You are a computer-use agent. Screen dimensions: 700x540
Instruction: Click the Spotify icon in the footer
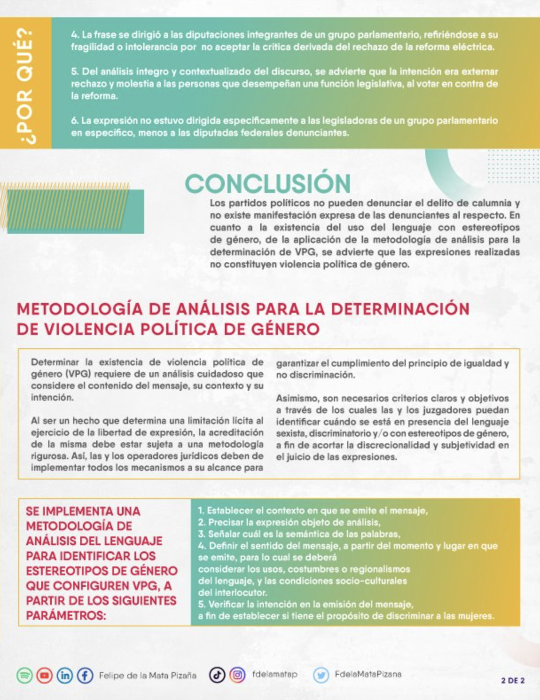pyautogui.click(x=25, y=676)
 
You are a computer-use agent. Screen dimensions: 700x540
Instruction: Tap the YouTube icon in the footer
pyautogui.click(x=45, y=676)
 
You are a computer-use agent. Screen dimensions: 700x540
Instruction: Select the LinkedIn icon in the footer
pyautogui.click(x=65, y=676)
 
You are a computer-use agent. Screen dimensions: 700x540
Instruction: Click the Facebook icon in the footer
pyautogui.click(x=85, y=676)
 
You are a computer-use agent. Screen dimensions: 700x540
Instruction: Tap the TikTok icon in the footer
pyautogui.click(x=217, y=675)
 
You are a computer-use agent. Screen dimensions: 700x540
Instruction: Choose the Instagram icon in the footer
pyautogui.click(x=237, y=675)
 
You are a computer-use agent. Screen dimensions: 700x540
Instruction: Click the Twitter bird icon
pyautogui.click(x=321, y=675)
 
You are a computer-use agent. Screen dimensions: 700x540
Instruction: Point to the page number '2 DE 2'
pyautogui.click(x=513, y=680)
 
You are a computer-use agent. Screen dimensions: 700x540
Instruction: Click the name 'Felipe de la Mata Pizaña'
pyautogui.click(x=147, y=676)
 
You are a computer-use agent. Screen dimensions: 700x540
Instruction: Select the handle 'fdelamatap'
pyautogui.click(x=275, y=674)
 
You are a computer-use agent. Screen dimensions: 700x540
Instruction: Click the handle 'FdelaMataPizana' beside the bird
pyautogui.click(x=368, y=674)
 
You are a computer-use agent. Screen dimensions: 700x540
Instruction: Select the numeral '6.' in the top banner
pyautogui.click(x=75, y=121)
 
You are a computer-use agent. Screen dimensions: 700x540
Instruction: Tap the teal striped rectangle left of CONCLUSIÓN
pyautogui.click(x=75, y=211)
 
